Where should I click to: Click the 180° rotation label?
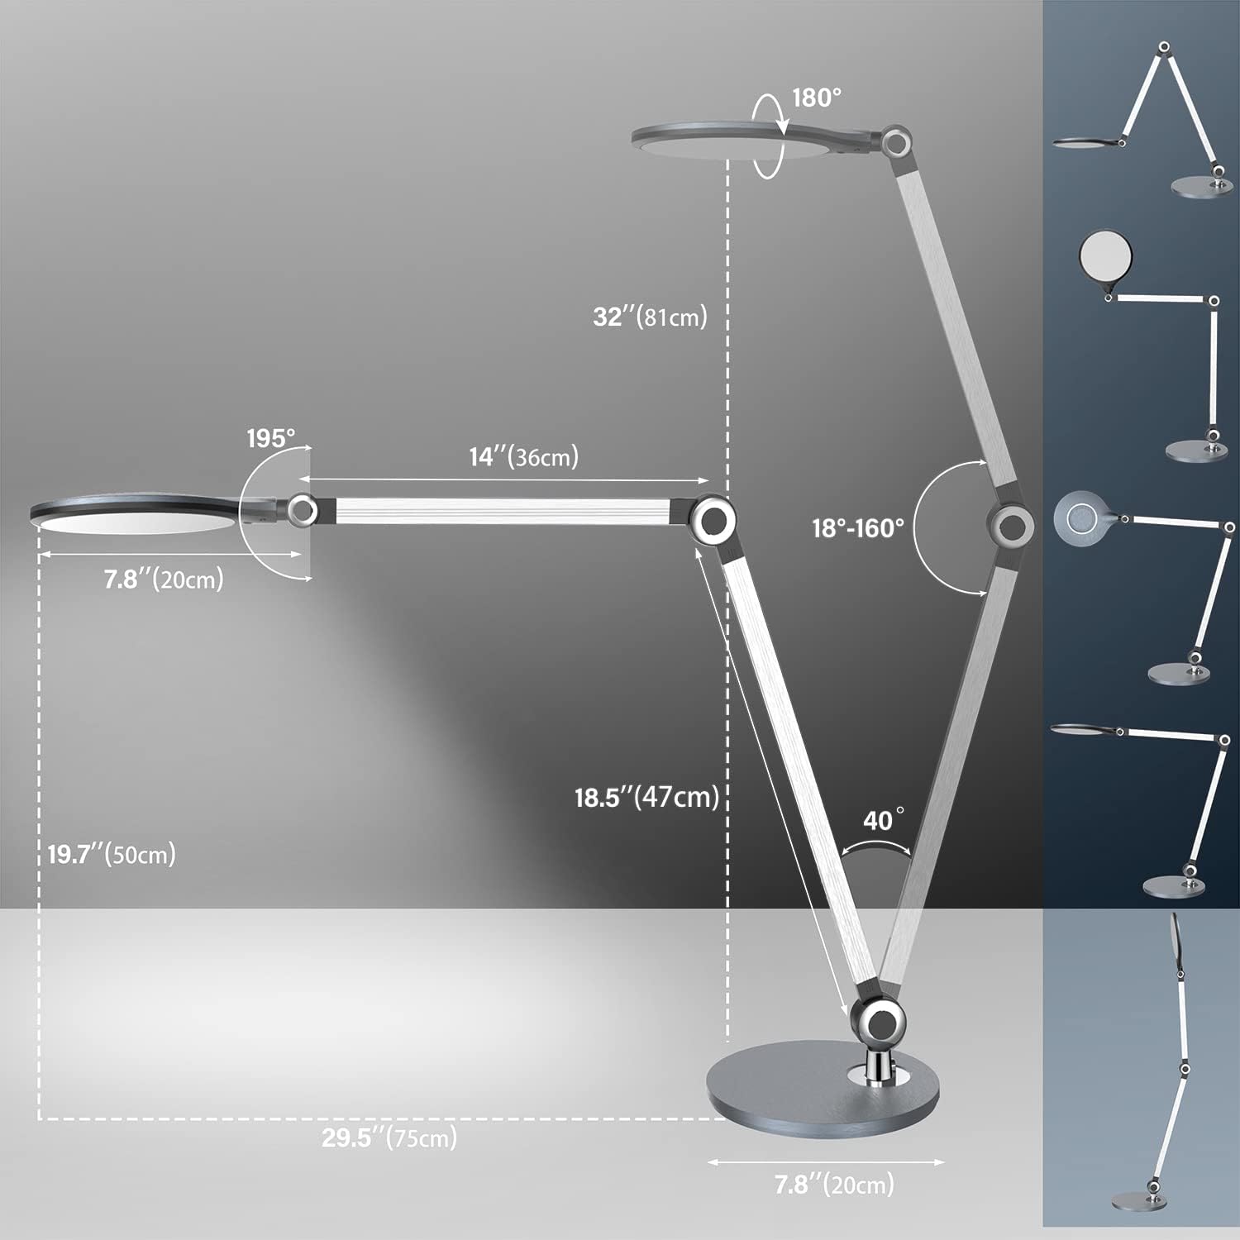(x=817, y=98)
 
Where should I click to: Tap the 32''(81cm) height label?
(x=650, y=316)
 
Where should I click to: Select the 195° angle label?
(x=271, y=438)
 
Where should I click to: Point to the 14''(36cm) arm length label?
(x=524, y=456)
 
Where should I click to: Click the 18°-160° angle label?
(x=857, y=527)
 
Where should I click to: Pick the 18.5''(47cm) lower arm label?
(x=646, y=797)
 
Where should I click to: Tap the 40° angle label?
(x=883, y=820)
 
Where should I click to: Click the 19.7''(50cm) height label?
(x=112, y=854)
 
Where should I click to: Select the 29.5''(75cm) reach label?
(x=389, y=1137)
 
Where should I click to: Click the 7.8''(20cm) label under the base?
(x=834, y=1185)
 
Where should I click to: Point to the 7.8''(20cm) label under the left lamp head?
(x=164, y=579)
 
